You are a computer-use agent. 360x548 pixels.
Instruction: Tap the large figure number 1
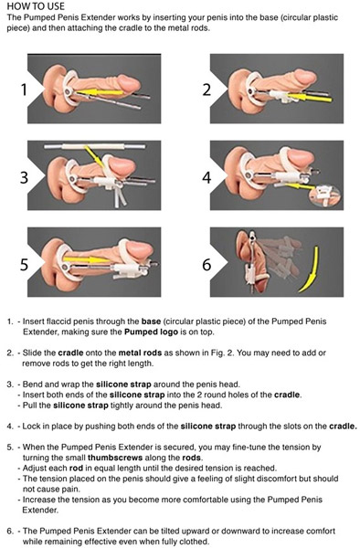21,90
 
